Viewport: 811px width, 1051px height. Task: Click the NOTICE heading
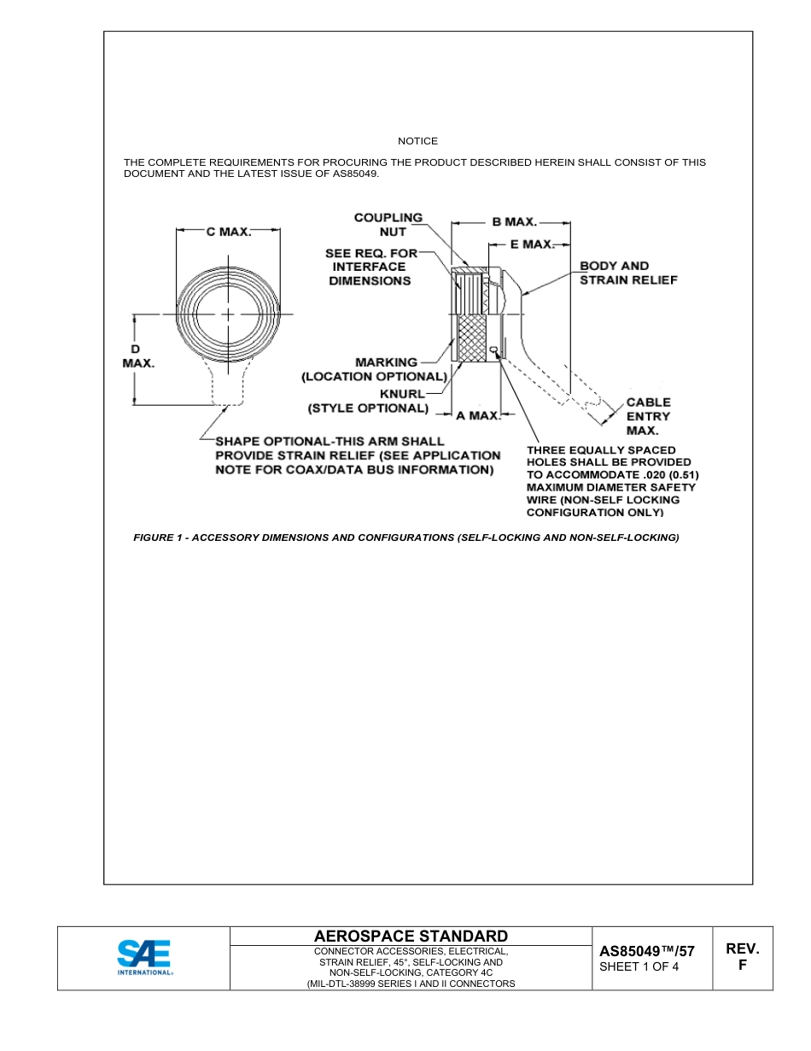click(417, 141)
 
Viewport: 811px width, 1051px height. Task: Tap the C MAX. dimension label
click(229, 232)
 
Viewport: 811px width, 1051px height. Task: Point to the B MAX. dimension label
click(514, 222)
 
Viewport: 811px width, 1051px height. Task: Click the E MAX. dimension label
click(532, 244)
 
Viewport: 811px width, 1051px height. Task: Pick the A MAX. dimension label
click(477, 416)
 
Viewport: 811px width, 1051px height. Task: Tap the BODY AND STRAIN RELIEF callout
click(628, 273)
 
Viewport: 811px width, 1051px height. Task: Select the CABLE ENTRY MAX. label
click(648, 416)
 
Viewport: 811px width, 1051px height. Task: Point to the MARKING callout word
click(387, 362)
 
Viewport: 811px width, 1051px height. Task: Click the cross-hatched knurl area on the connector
click(472, 338)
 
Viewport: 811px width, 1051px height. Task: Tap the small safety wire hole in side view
click(495, 348)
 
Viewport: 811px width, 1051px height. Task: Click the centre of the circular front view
click(229, 314)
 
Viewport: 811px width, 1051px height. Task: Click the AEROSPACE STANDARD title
click(411, 937)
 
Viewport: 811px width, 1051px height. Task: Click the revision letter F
click(742, 966)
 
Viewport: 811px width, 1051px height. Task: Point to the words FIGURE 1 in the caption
click(159, 537)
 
